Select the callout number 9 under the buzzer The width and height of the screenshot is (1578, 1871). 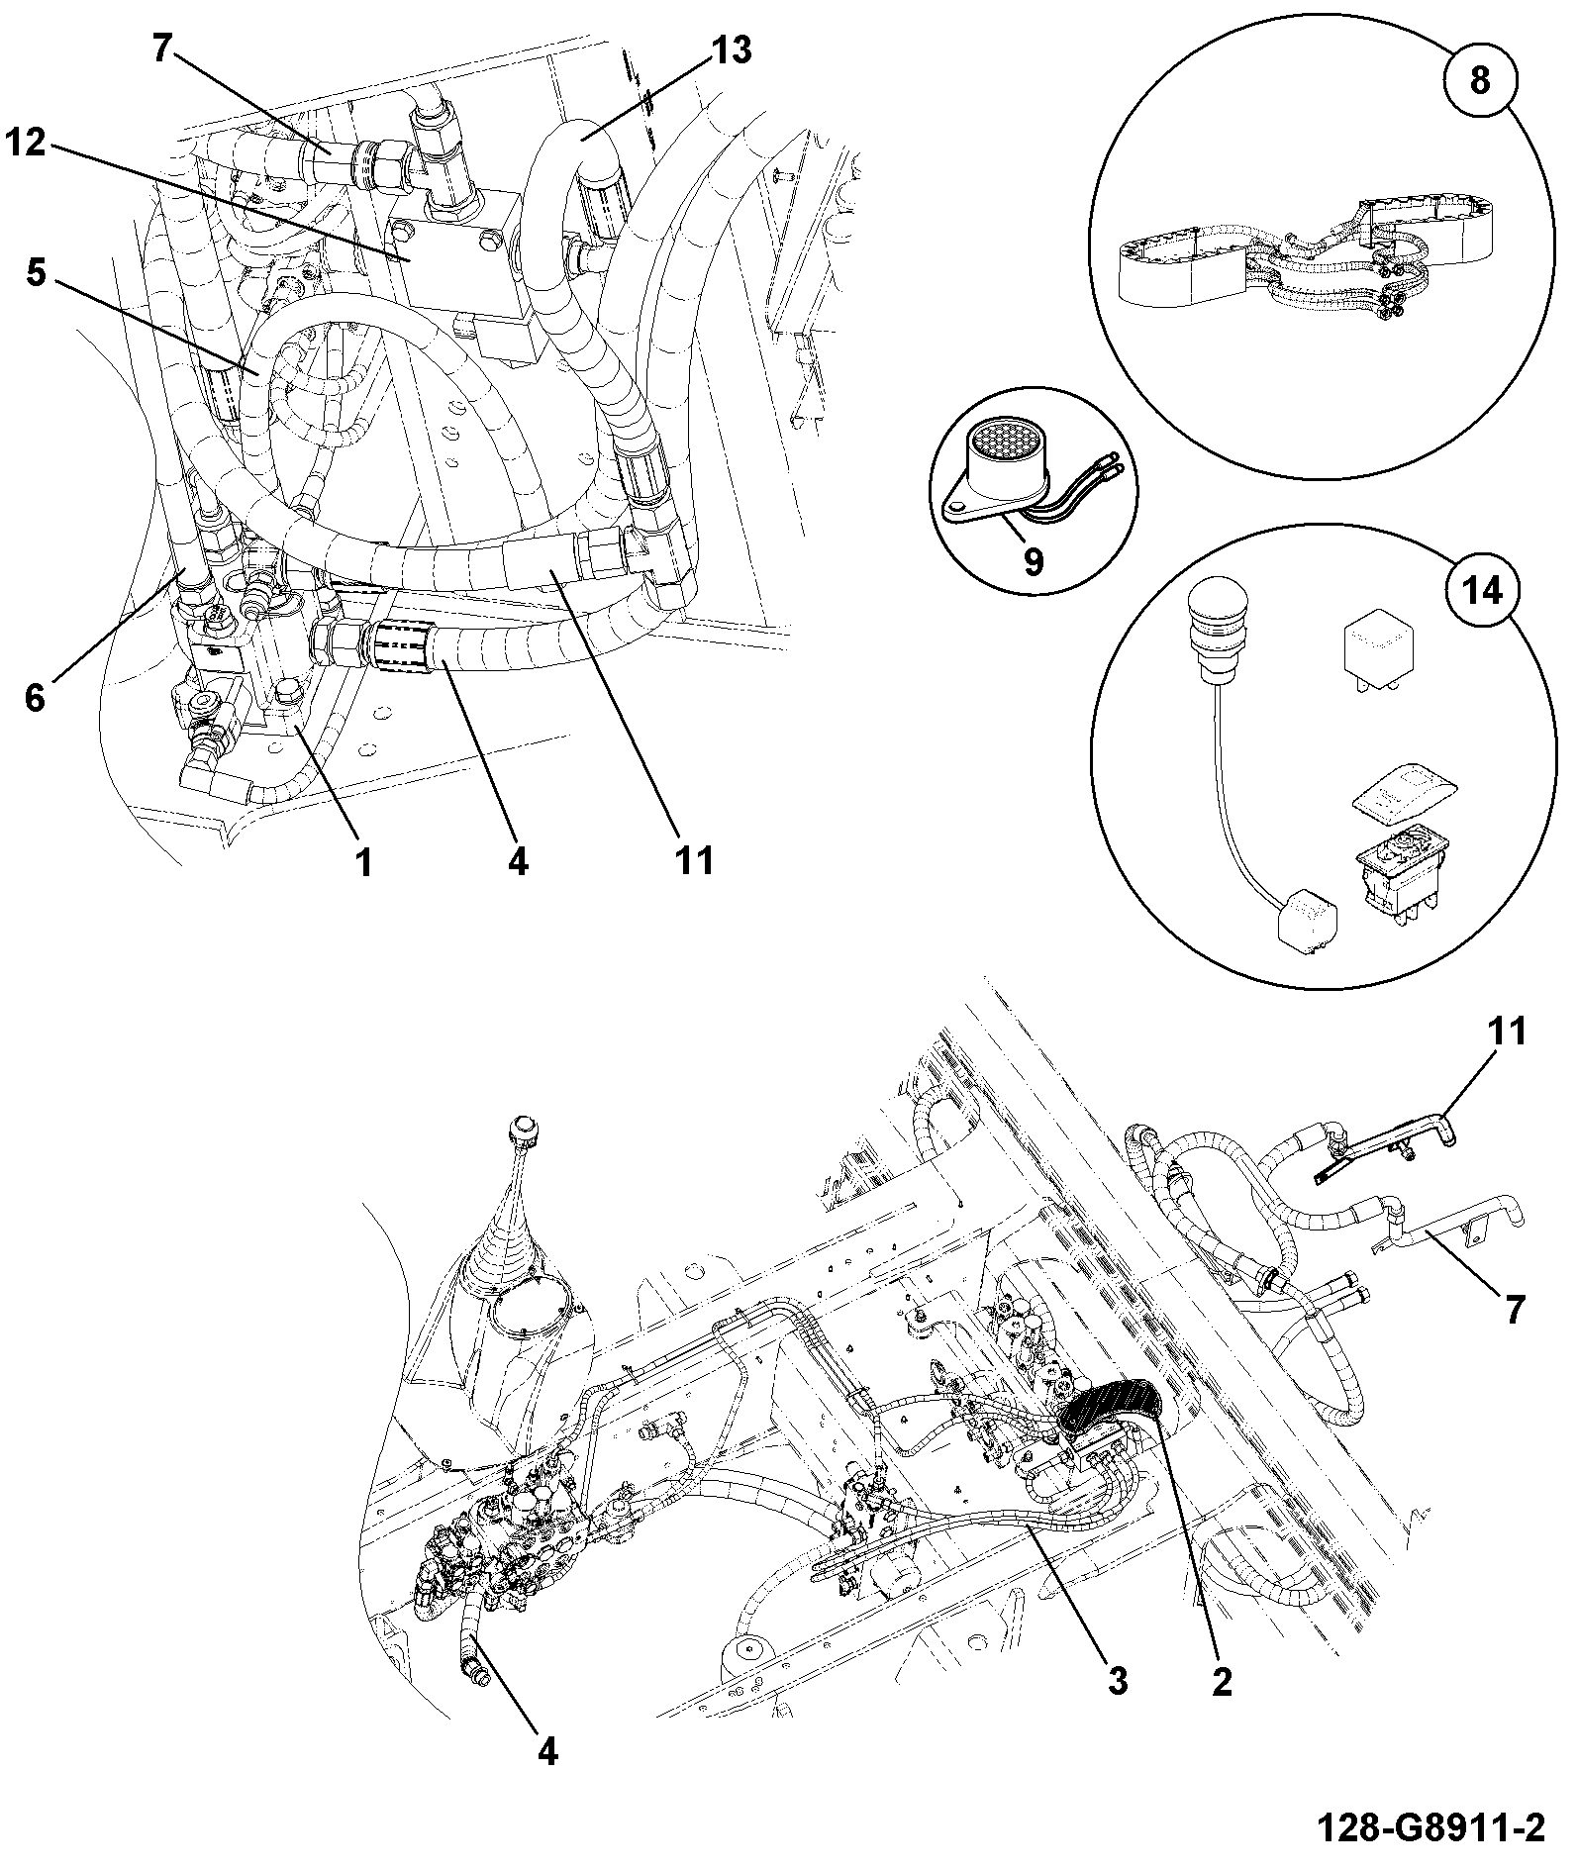click(x=1034, y=561)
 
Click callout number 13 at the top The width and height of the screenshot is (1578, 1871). click(x=733, y=49)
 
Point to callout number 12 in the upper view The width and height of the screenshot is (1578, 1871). click(x=27, y=143)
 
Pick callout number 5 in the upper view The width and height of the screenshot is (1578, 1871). click(x=36, y=273)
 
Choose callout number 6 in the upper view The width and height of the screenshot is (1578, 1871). click(x=36, y=698)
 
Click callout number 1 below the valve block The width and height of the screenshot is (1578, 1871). click(x=364, y=863)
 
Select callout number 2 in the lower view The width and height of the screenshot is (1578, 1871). click(x=1223, y=1680)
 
